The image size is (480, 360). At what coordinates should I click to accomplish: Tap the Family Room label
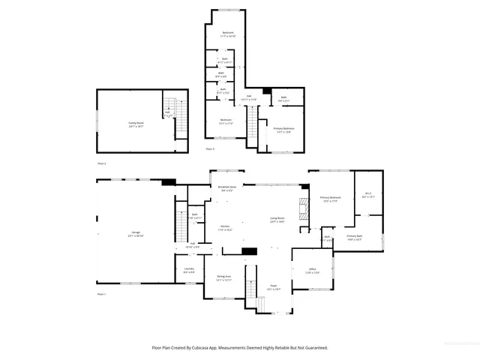click(x=136, y=125)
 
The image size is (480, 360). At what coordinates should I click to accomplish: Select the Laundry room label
click(x=189, y=270)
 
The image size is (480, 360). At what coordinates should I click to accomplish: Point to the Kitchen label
click(x=225, y=227)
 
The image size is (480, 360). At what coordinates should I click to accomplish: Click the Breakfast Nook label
click(x=227, y=188)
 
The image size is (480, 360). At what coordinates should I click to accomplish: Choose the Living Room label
click(x=277, y=220)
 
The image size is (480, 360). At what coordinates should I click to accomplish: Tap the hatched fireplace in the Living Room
click(x=304, y=211)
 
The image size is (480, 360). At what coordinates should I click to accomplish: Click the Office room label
click(x=312, y=270)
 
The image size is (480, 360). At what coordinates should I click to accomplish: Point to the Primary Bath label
click(x=354, y=238)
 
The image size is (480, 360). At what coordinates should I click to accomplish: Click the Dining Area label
click(x=223, y=277)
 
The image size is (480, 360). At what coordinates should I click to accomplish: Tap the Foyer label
click(x=274, y=286)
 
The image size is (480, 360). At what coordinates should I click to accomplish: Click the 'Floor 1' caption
click(x=101, y=295)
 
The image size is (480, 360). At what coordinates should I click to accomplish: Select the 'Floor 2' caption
click(x=101, y=163)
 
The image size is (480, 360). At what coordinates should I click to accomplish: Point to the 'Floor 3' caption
click(x=210, y=149)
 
